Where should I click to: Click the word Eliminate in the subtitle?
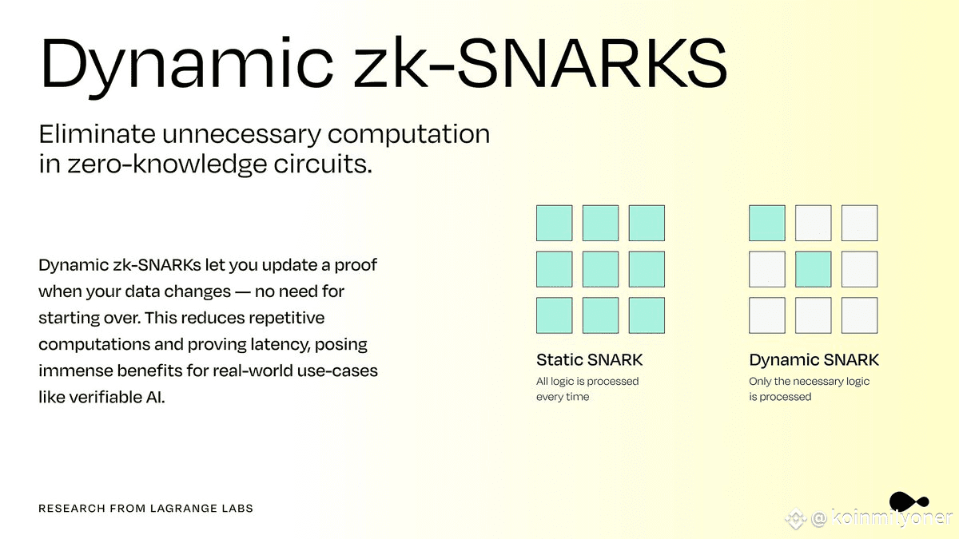(x=97, y=134)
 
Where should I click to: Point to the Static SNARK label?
(x=589, y=360)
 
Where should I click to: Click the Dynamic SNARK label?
(x=814, y=360)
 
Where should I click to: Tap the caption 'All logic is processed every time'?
(x=587, y=389)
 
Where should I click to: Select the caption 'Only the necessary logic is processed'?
(x=809, y=389)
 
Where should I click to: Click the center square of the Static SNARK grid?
(x=600, y=269)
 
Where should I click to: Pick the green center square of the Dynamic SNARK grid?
(x=813, y=269)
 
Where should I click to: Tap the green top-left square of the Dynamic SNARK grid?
(x=766, y=223)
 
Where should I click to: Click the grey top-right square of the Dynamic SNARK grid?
(x=859, y=223)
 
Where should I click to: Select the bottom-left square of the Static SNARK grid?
(x=554, y=315)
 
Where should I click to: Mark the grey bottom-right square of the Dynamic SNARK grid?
(x=859, y=315)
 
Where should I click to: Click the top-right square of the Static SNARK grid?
(x=647, y=223)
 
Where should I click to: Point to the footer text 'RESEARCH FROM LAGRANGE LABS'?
(x=145, y=508)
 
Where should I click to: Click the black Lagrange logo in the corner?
(x=909, y=501)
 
